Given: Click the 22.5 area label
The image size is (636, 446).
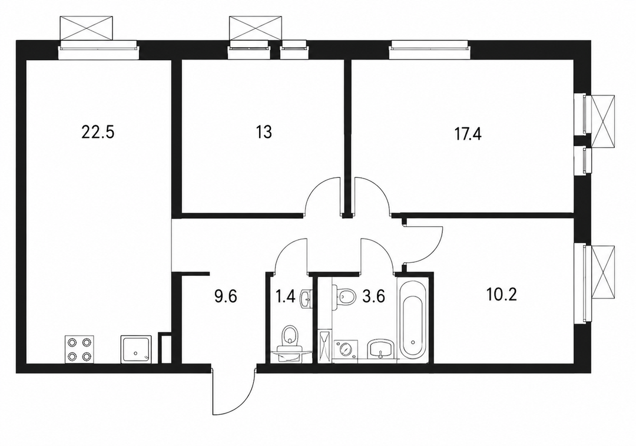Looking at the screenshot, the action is coord(98,132).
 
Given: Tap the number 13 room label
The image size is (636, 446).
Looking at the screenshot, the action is coord(264,132).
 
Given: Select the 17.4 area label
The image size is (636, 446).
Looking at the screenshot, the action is coord(468,134).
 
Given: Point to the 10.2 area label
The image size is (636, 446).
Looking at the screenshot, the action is coord(501,295).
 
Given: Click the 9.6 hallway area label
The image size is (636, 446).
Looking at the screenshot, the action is coord(225,296).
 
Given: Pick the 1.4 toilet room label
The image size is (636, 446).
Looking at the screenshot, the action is coord(286,296).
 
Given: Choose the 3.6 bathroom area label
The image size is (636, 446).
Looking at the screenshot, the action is coord(373,296).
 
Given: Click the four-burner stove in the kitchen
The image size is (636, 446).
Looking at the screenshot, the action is coord(79,349).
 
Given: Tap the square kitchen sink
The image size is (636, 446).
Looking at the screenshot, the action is coord(136,349).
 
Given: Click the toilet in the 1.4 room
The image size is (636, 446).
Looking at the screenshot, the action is coord(289,343).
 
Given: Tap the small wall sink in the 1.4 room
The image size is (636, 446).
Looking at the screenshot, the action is coord(306,300).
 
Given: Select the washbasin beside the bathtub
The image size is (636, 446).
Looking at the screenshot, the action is coord(381,349).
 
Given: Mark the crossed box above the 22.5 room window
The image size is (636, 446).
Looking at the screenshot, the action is coord(85,28).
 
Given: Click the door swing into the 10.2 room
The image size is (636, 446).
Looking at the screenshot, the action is coord(423,243).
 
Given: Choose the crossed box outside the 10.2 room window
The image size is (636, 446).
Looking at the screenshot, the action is coord(603,272).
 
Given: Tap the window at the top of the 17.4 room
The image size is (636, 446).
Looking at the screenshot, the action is coord(428,50).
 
